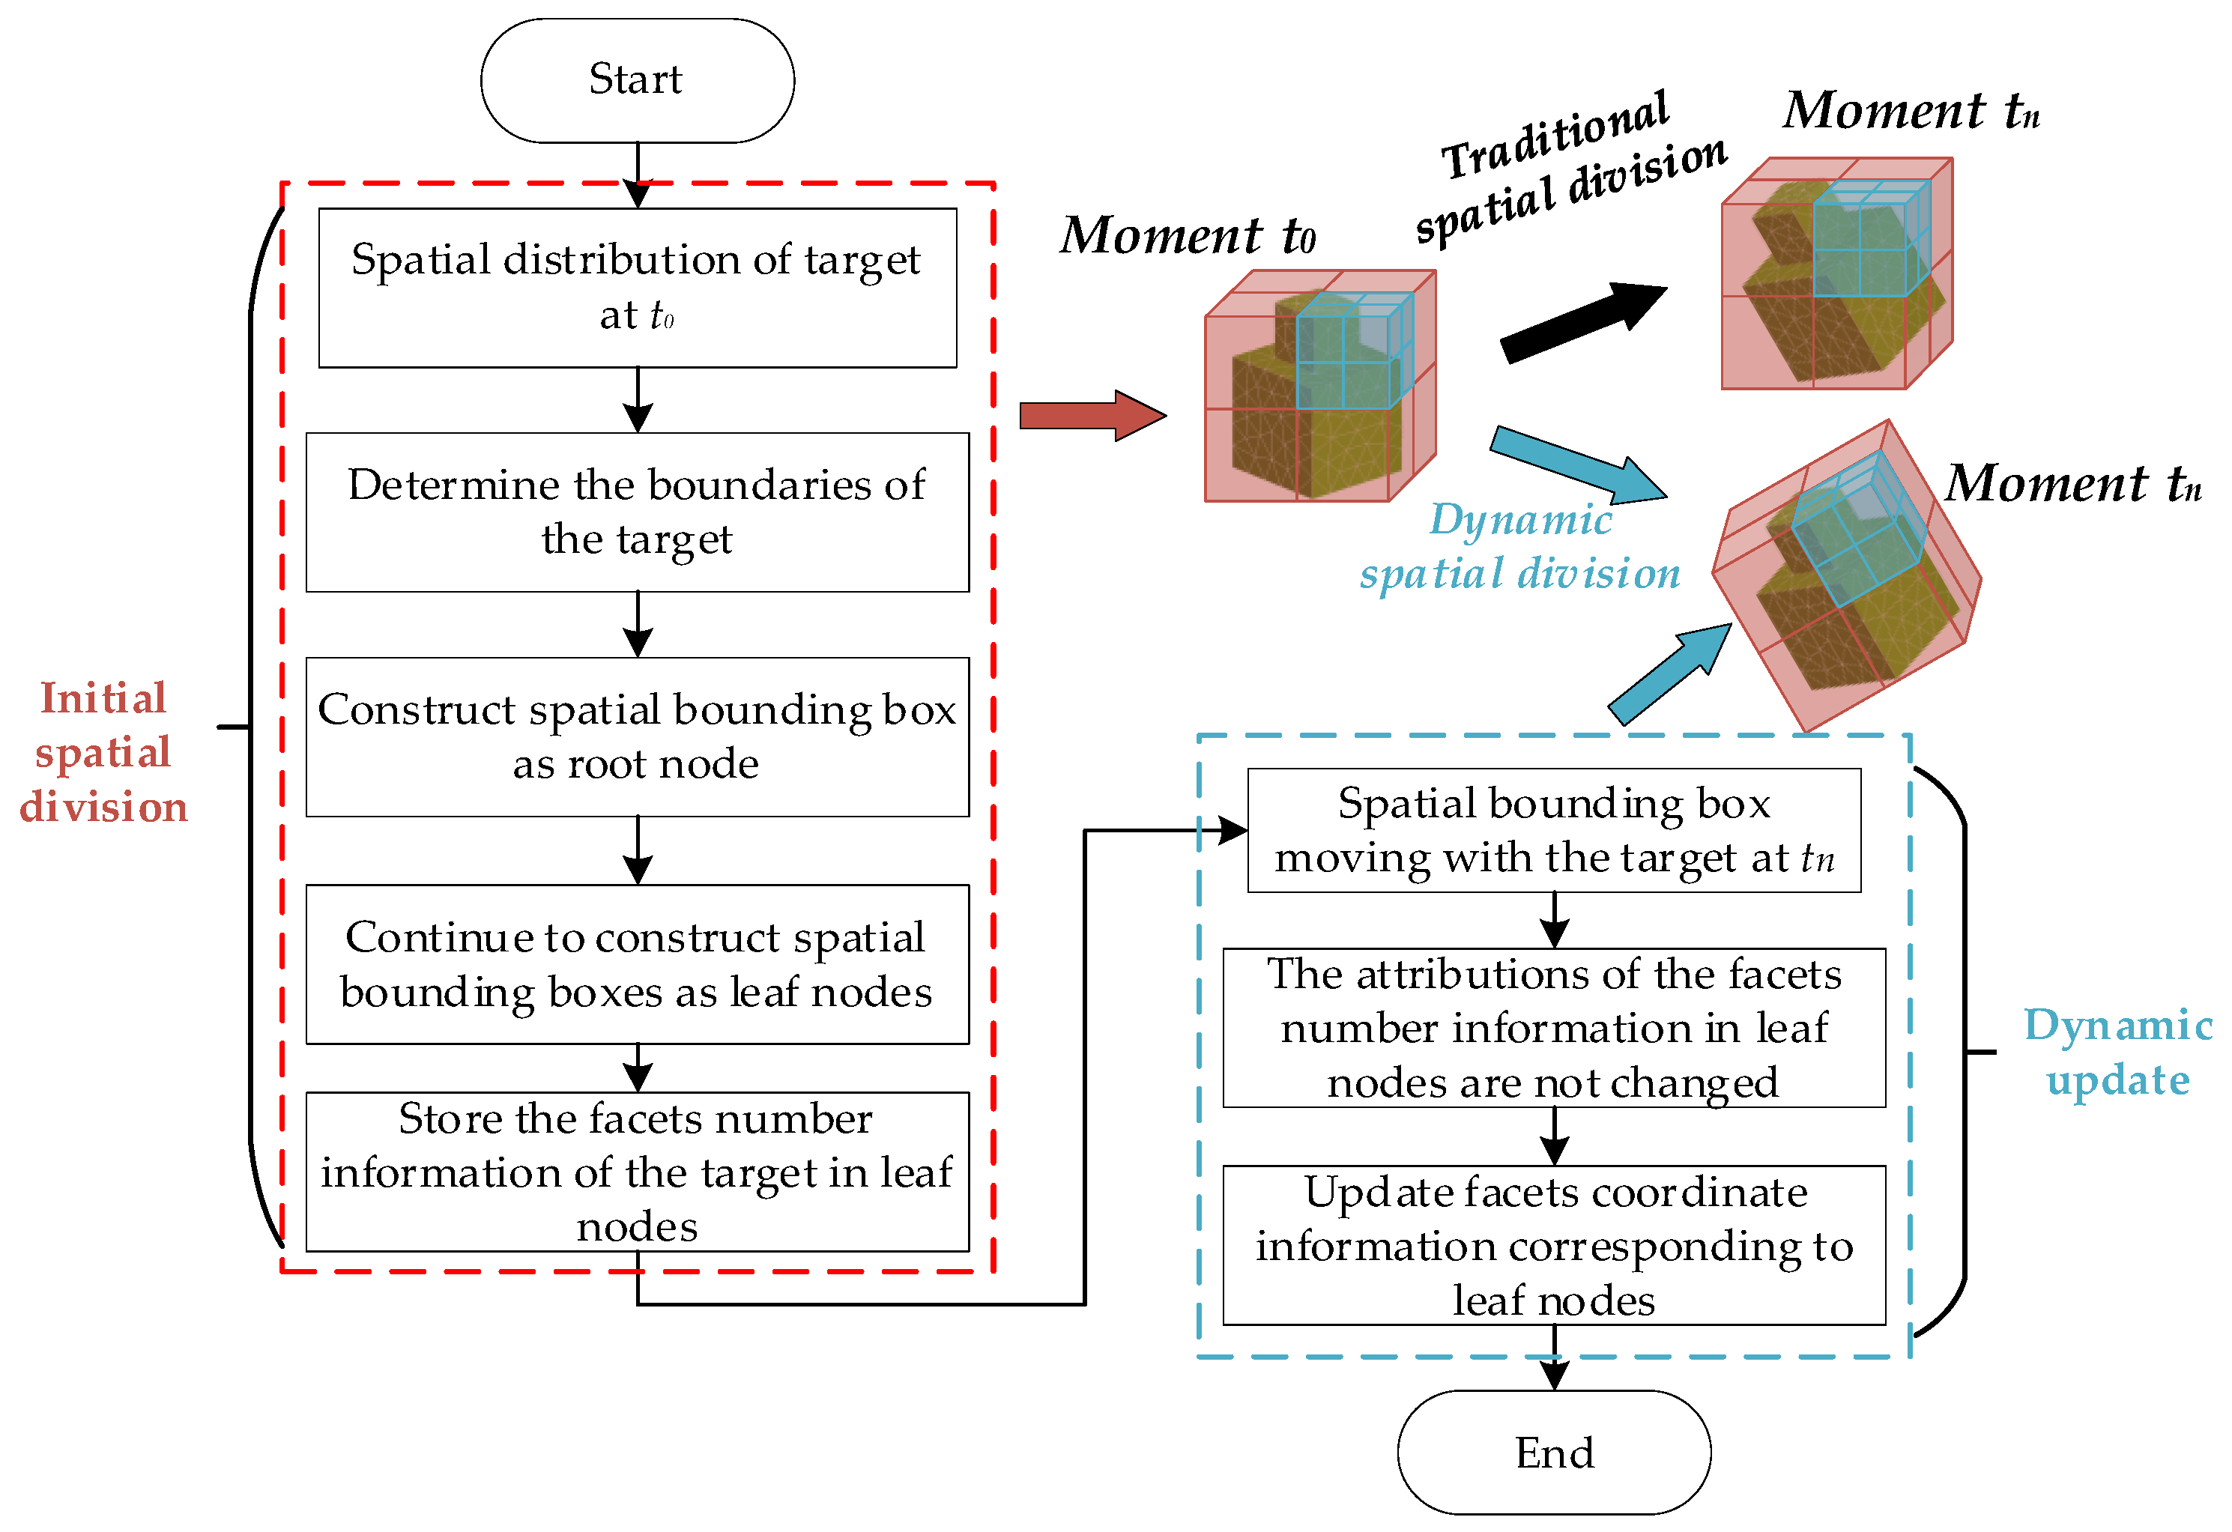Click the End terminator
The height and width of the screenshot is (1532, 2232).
coord(1553,1453)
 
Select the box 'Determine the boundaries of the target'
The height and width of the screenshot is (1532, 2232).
coord(637,512)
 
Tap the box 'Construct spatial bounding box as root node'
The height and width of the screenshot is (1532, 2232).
coord(637,736)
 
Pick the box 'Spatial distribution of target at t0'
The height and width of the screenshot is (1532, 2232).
coord(637,287)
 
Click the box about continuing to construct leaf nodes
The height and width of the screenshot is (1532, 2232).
coord(637,963)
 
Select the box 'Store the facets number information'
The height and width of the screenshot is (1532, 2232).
coord(637,1172)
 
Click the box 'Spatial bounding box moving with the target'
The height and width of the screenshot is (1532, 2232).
coord(1553,830)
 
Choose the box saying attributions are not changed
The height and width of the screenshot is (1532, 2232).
coord(1553,1028)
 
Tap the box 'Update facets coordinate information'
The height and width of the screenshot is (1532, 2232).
coord(1553,1246)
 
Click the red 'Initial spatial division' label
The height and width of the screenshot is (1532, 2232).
coord(103,752)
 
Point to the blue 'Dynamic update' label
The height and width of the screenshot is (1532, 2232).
coord(2117,1053)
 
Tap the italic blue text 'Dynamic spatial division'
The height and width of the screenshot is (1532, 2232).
coord(1520,547)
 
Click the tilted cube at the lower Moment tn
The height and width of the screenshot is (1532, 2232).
coord(1846,576)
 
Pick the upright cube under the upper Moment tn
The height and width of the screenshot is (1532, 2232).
coord(1836,273)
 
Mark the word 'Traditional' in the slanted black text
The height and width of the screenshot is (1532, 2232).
coord(1556,134)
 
